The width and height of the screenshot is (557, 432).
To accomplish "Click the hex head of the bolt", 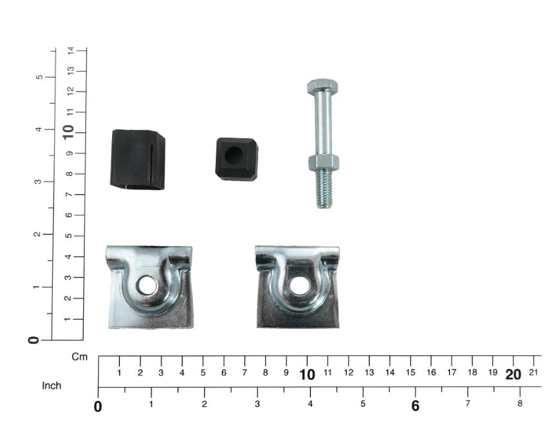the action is (x=322, y=86).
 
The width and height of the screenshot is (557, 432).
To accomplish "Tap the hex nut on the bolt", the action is (x=323, y=162).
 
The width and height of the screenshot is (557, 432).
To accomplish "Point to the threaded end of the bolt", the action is (x=324, y=189).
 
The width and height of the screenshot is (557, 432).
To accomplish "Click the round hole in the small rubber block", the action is (x=233, y=155).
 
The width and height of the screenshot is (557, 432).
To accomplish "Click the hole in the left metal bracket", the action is (x=147, y=285).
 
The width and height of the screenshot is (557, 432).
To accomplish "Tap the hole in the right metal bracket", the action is (x=299, y=286).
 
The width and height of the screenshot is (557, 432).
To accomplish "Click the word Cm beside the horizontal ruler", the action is (x=79, y=357).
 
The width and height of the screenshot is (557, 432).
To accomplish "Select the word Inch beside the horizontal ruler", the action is (x=52, y=386).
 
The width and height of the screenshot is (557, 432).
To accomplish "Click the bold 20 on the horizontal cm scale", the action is (x=513, y=375).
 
